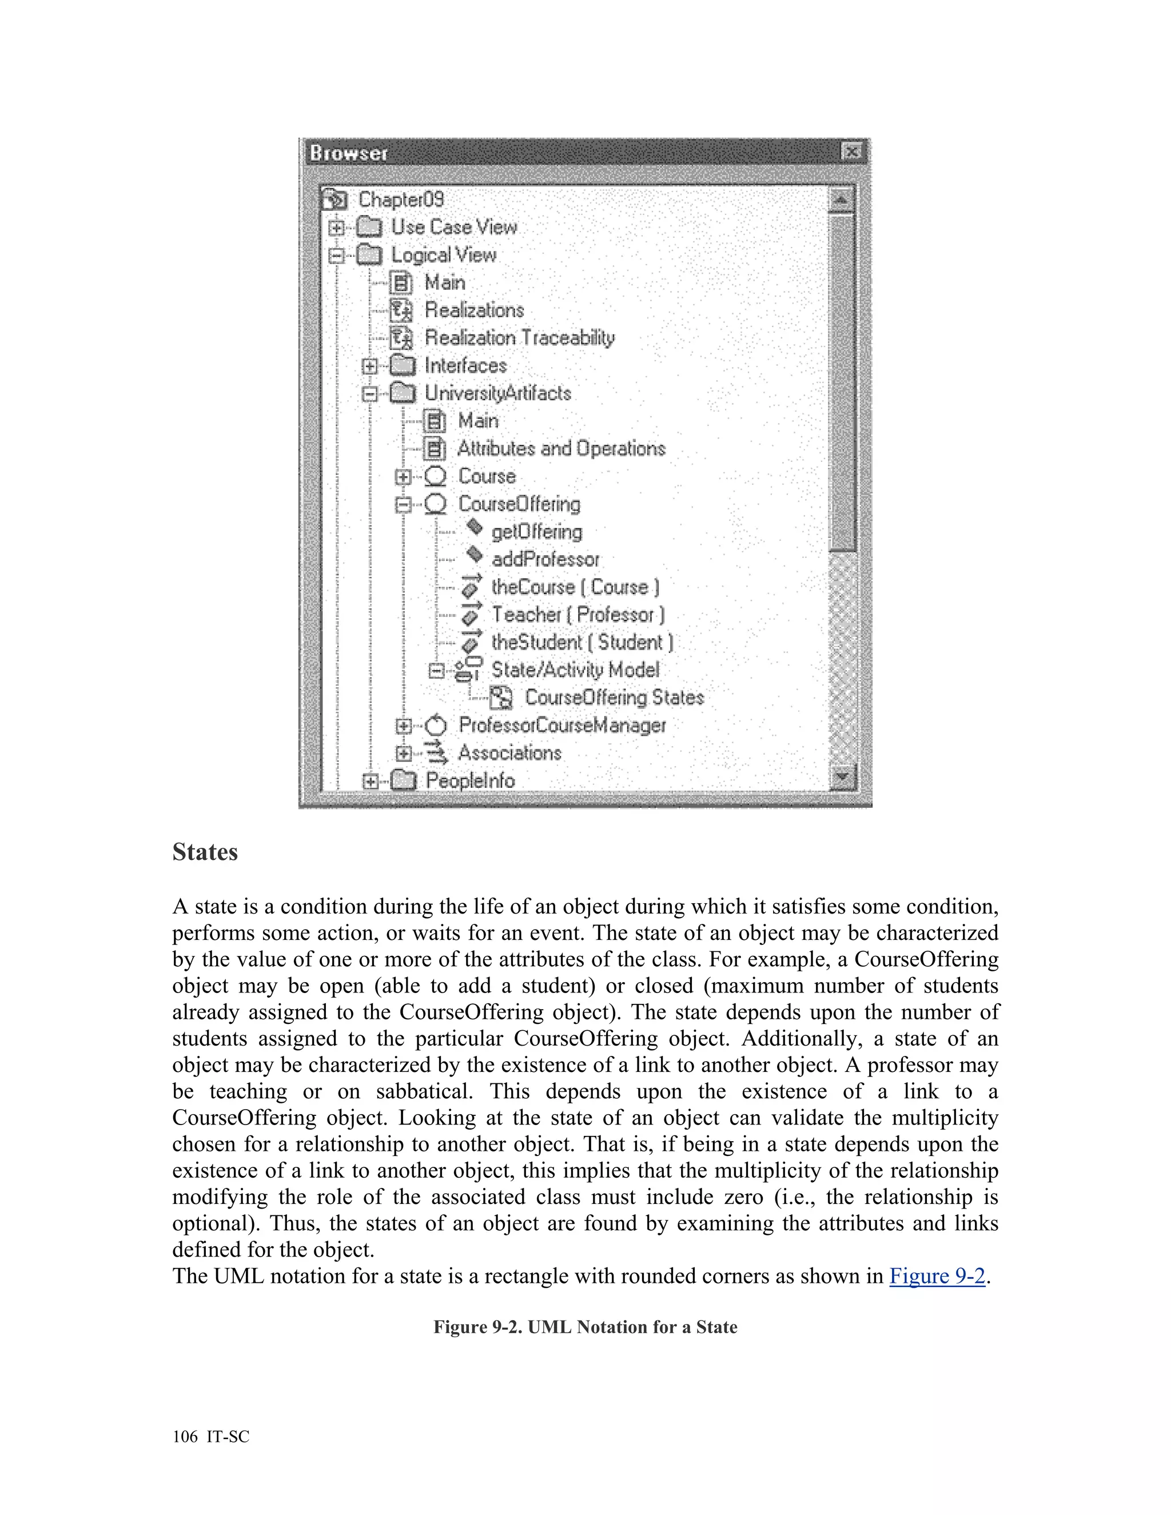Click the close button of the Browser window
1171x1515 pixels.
[851, 151]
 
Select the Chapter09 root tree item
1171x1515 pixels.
[400, 200]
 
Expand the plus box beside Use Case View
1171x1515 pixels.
[336, 228]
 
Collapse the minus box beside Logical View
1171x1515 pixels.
[336, 256]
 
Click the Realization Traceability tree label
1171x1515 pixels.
[519, 338]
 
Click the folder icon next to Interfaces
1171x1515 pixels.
[403, 365]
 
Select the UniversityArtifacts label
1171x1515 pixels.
[497, 393]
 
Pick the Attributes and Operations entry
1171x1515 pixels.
[560, 449]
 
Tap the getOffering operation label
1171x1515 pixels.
[536, 532]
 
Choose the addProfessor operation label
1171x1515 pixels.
[544, 559]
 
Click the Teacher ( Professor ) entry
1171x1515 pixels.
[577, 615]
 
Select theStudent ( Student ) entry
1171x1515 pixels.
[581, 643]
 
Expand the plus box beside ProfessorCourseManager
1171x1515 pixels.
[403, 725]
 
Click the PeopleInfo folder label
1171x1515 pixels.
[469, 780]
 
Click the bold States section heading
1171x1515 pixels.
[205, 852]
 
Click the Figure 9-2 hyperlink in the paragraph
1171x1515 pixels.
[937, 1275]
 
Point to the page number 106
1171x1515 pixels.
[185, 1437]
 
